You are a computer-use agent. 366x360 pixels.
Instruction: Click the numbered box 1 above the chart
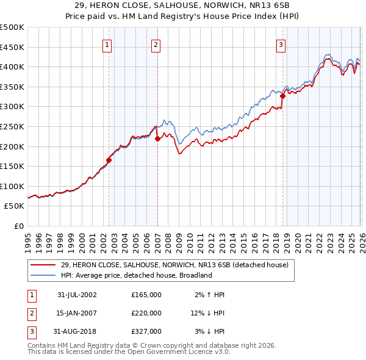(x=107, y=44)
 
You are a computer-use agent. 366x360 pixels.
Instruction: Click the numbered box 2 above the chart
(x=156, y=44)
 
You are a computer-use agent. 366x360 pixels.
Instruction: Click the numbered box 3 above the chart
(x=281, y=44)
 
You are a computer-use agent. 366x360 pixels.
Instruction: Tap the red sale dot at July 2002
(x=109, y=160)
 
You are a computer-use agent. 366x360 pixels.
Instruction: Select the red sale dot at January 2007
(x=157, y=139)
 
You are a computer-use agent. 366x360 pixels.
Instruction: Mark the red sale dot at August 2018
(x=283, y=96)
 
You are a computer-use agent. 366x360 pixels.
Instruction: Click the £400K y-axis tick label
(x=12, y=67)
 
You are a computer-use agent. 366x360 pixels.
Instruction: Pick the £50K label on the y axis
(x=14, y=206)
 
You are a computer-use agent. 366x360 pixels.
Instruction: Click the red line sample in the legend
(x=43, y=265)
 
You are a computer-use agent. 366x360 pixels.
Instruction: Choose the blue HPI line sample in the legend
(x=43, y=275)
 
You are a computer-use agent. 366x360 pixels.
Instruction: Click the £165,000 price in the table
(x=146, y=295)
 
